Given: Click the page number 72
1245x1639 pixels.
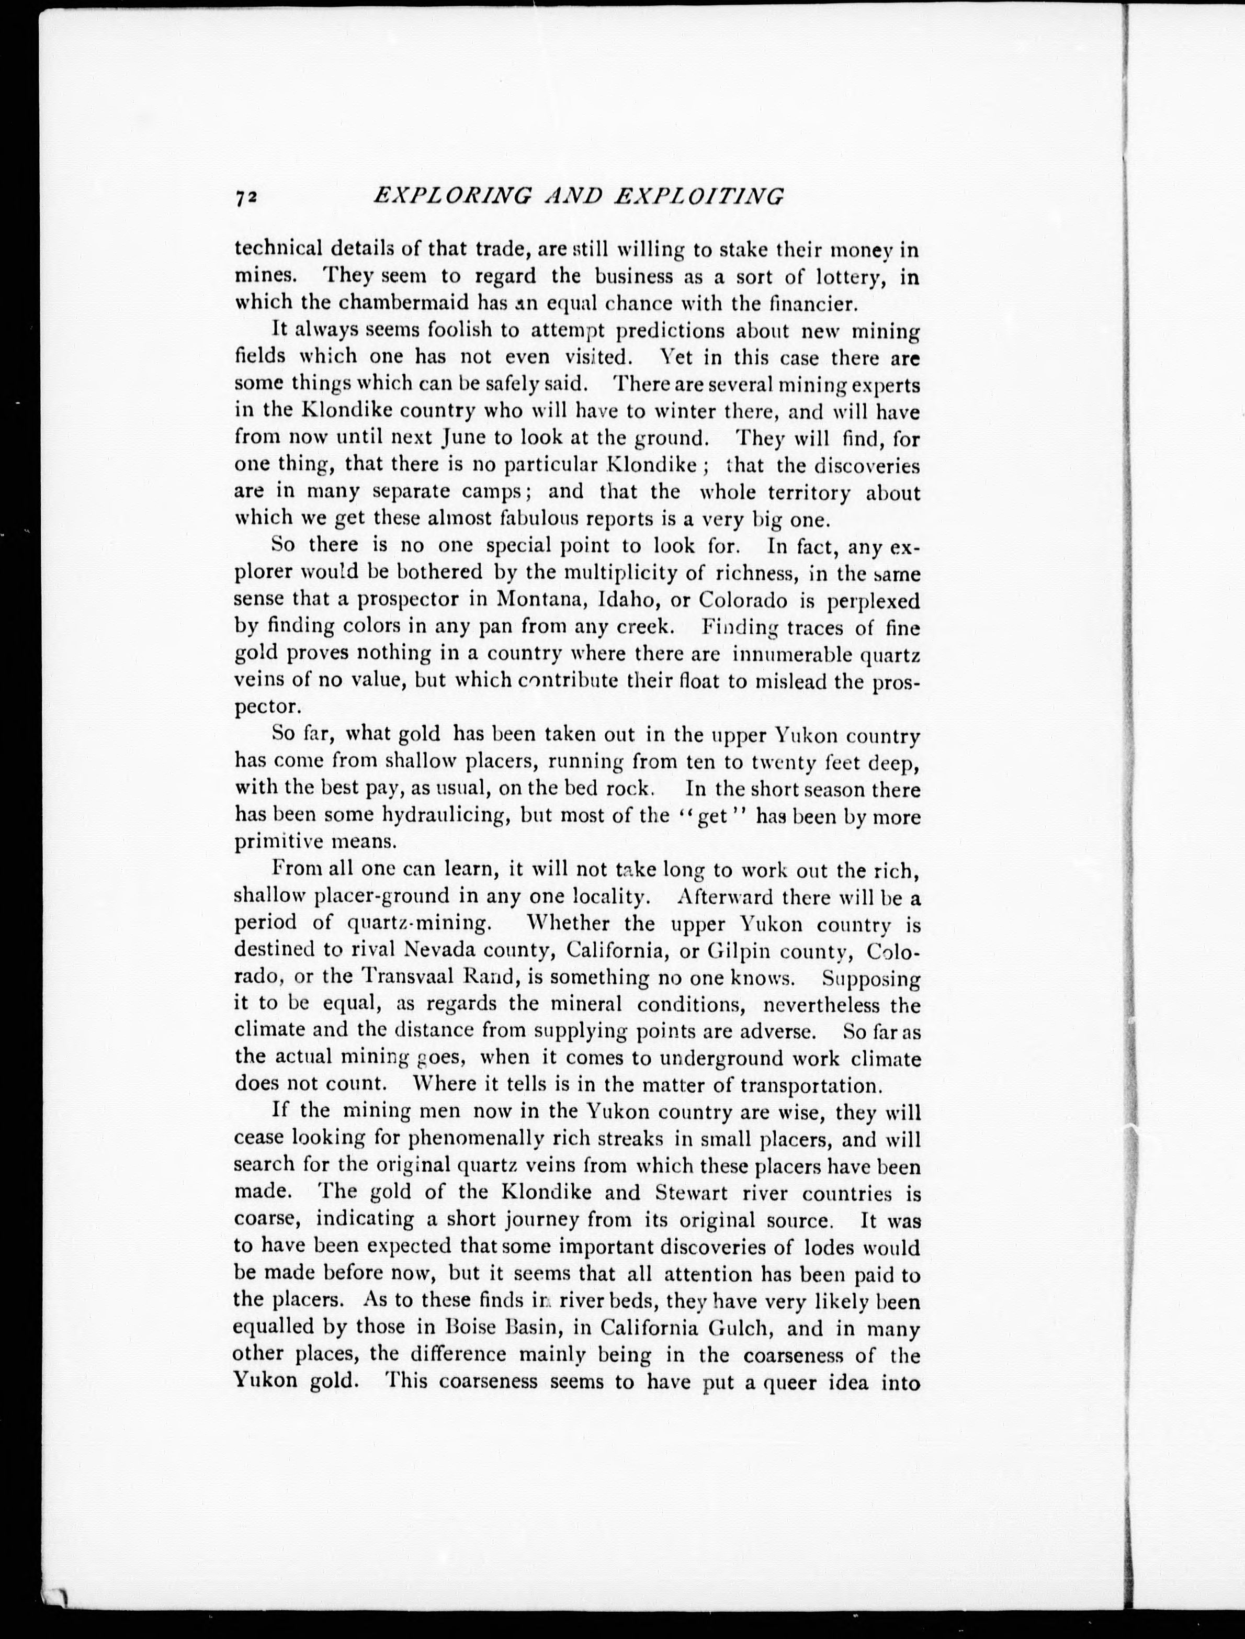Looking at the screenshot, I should (246, 197).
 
